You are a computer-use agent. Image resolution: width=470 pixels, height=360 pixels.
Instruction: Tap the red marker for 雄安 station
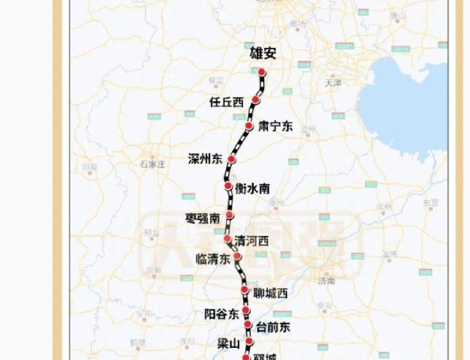pos(261,72)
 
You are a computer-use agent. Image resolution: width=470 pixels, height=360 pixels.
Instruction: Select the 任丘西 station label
pos(226,102)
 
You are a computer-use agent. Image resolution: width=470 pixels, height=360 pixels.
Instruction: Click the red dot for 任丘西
pos(255,99)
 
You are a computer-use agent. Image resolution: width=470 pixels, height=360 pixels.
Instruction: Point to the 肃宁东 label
pos(275,126)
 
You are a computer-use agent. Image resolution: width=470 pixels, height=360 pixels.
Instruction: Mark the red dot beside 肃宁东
pos(249,127)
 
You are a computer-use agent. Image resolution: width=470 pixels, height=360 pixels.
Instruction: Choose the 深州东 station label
pos(205,160)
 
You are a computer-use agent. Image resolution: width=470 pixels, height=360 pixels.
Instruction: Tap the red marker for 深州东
pos(231,159)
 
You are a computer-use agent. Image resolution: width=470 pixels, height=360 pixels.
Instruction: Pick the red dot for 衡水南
pos(228,185)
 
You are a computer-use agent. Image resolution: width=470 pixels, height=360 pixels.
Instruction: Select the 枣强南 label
pos(202,218)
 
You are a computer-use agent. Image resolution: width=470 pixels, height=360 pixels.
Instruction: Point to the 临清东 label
pos(213,258)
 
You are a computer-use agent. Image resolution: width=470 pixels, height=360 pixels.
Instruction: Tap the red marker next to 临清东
pos(238,256)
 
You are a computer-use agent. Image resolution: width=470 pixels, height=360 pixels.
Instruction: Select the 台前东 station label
pos(273,328)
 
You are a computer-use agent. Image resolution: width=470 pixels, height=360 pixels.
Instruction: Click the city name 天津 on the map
pos(333,83)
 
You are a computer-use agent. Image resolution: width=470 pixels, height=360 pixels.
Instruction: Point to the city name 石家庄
pos(153,164)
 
